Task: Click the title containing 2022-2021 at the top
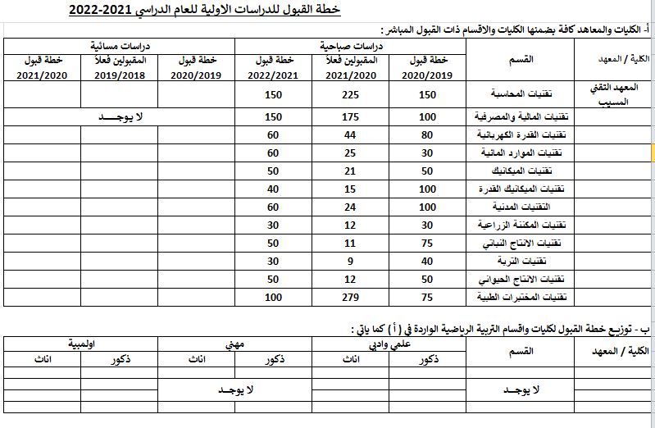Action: (x=204, y=11)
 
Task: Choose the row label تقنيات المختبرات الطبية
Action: (x=525, y=297)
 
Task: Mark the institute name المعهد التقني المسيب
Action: (x=613, y=94)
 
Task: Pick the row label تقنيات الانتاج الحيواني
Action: (x=525, y=279)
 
